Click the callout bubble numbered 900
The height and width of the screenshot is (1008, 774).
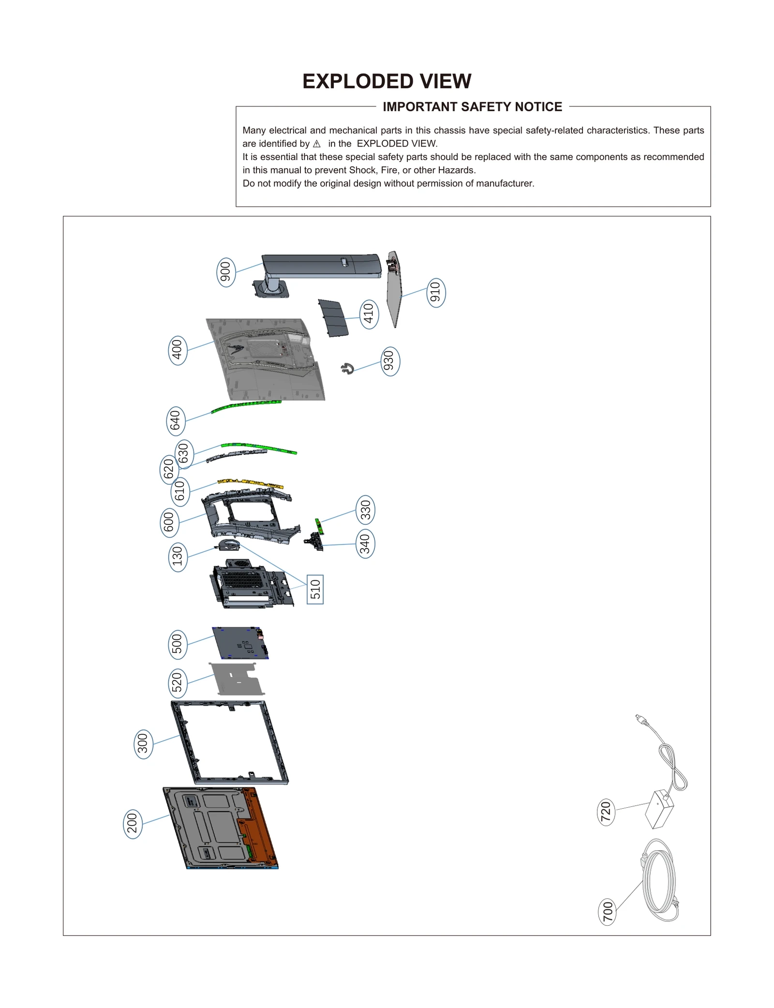[x=225, y=272]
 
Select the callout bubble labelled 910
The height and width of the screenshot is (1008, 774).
[x=435, y=293]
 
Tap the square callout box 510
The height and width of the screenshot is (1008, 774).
[x=315, y=589]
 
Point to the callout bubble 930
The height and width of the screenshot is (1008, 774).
[x=390, y=361]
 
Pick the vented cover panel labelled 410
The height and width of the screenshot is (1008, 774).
[x=333, y=318]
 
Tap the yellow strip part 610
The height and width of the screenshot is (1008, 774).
[x=251, y=483]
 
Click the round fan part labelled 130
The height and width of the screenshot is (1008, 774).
[x=229, y=546]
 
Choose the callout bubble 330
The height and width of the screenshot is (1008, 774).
[x=365, y=510]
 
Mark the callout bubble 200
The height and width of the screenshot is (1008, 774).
[x=133, y=824]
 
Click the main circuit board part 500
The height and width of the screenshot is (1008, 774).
[x=240, y=643]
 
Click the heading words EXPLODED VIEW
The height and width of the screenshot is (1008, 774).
[x=387, y=81]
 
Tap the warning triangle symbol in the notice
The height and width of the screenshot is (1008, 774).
[x=317, y=144]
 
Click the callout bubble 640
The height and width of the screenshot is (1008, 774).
[x=175, y=421]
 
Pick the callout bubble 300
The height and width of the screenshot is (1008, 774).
[x=143, y=744]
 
